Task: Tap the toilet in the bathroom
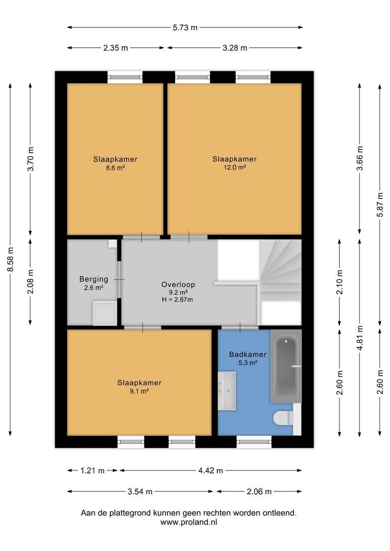(283, 418)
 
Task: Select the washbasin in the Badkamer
(227, 391)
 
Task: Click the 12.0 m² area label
(234, 167)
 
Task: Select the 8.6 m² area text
(115, 167)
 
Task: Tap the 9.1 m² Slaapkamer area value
(139, 391)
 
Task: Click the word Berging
(93, 279)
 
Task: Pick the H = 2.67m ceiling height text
(178, 300)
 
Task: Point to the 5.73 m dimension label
(185, 28)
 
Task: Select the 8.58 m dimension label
(10, 260)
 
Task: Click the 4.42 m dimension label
(210, 471)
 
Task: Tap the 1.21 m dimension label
(92, 471)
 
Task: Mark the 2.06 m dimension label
(259, 492)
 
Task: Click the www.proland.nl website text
(188, 522)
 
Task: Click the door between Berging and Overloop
(119, 280)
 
